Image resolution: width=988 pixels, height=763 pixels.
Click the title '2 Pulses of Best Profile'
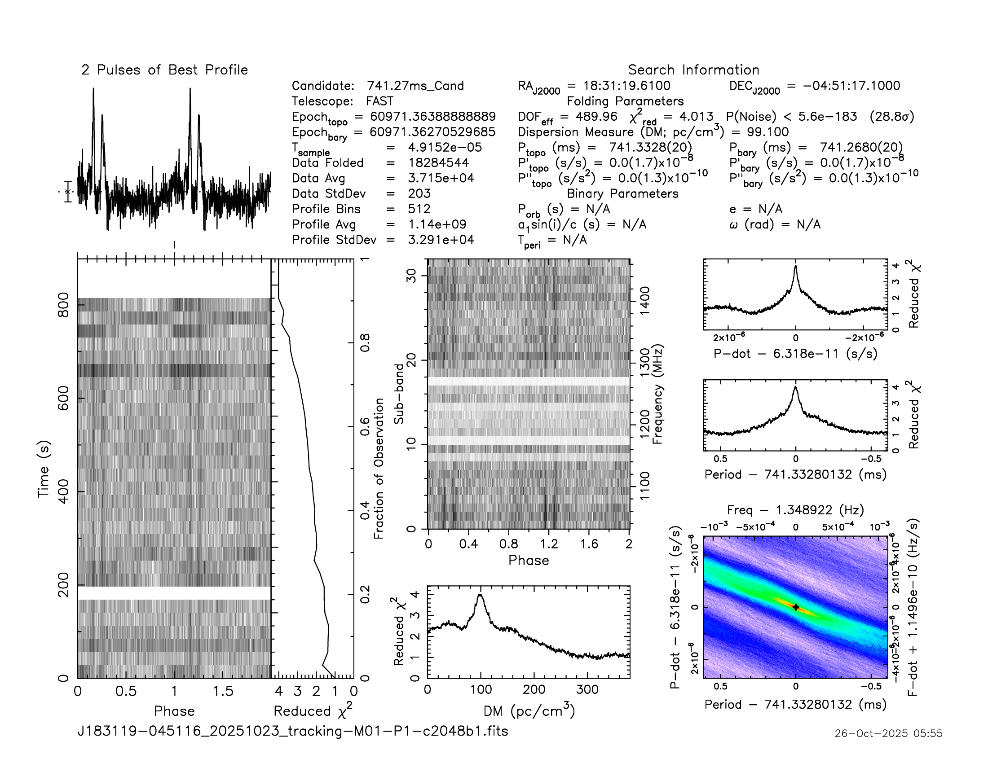point(165,70)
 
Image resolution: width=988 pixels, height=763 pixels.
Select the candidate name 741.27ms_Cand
point(415,86)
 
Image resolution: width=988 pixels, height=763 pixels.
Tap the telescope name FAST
point(379,101)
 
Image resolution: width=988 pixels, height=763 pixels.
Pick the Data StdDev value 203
point(419,193)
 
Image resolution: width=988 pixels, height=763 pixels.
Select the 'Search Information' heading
point(693,70)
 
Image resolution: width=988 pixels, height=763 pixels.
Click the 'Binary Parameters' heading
point(622,193)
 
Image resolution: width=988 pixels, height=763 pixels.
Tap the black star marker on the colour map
point(796,608)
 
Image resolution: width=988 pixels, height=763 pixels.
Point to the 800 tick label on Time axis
point(63,305)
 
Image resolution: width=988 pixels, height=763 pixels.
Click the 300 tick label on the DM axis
point(587,690)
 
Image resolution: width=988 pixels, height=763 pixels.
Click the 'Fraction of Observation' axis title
point(379,468)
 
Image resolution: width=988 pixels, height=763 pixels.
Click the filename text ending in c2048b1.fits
point(293,731)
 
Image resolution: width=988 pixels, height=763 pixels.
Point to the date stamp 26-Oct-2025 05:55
point(888,733)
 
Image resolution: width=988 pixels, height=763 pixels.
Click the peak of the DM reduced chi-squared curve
point(481,595)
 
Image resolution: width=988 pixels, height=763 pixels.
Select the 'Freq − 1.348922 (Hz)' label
point(795,510)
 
